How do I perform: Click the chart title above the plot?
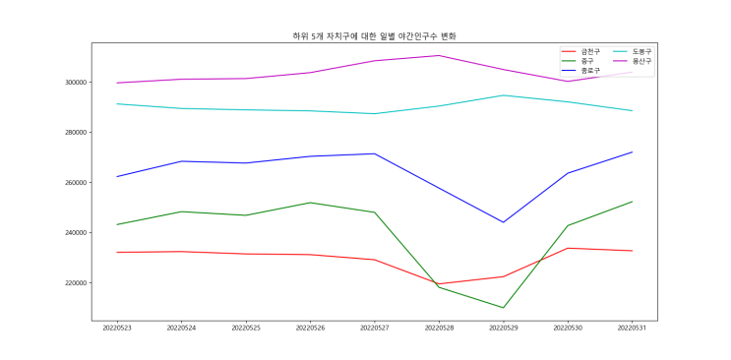[374, 36]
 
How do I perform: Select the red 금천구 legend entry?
[580, 51]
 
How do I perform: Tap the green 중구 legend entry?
[578, 61]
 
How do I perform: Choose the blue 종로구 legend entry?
[580, 70]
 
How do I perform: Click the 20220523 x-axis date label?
[117, 329]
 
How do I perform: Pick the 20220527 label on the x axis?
[375, 329]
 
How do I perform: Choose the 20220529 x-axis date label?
[503, 329]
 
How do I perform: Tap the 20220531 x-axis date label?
[632, 329]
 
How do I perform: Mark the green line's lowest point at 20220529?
[503, 307]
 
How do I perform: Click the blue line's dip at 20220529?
[503, 222]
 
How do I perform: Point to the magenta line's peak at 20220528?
[439, 55]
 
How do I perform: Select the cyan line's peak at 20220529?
[503, 95]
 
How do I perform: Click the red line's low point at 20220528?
[439, 283]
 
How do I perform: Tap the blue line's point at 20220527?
[375, 153]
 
